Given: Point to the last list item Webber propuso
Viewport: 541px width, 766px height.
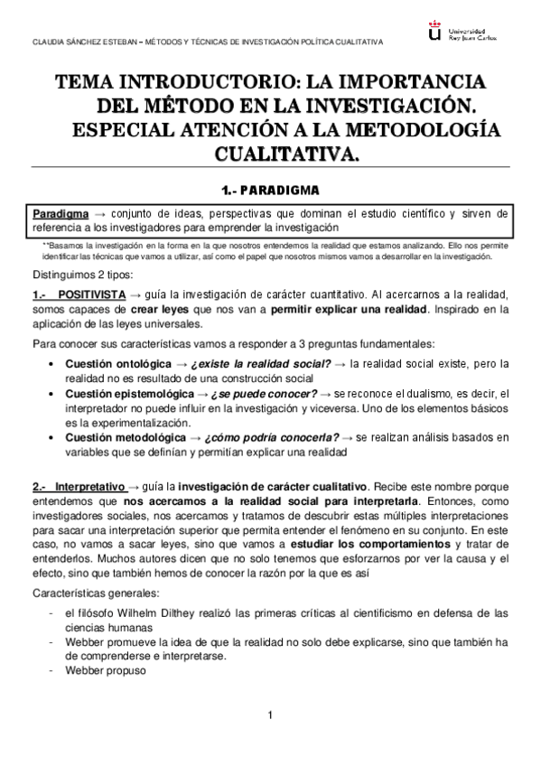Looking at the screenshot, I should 104,671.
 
